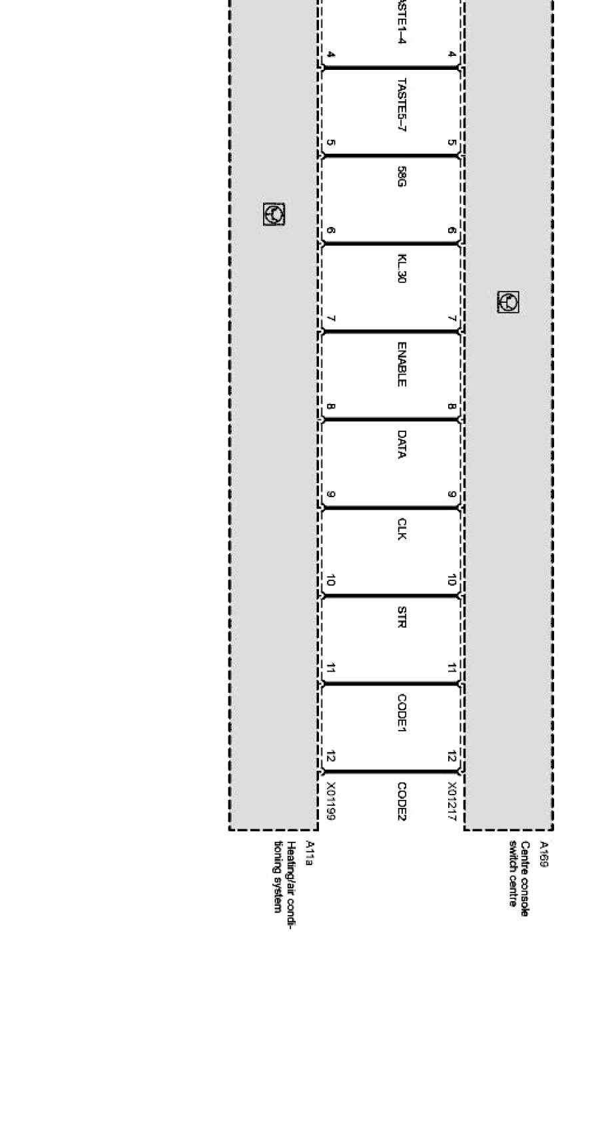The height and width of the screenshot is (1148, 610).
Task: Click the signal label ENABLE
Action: point(402,364)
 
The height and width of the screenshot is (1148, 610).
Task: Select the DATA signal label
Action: point(402,445)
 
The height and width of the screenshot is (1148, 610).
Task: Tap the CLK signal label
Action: point(402,528)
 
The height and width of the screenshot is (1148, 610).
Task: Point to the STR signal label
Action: point(402,617)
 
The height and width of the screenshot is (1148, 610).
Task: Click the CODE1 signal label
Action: point(402,713)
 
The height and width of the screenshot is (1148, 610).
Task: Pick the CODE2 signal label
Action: point(402,801)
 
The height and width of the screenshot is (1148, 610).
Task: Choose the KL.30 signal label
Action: point(402,268)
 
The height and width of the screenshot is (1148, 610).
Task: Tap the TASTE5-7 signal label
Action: point(402,104)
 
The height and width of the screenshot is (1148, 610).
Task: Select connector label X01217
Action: point(452,801)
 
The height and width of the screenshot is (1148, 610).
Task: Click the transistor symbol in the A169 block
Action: point(508,302)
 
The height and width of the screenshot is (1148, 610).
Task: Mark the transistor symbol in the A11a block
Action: point(274,214)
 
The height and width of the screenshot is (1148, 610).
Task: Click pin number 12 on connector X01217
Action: point(452,756)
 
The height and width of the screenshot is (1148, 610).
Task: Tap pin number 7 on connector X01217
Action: point(452,319)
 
